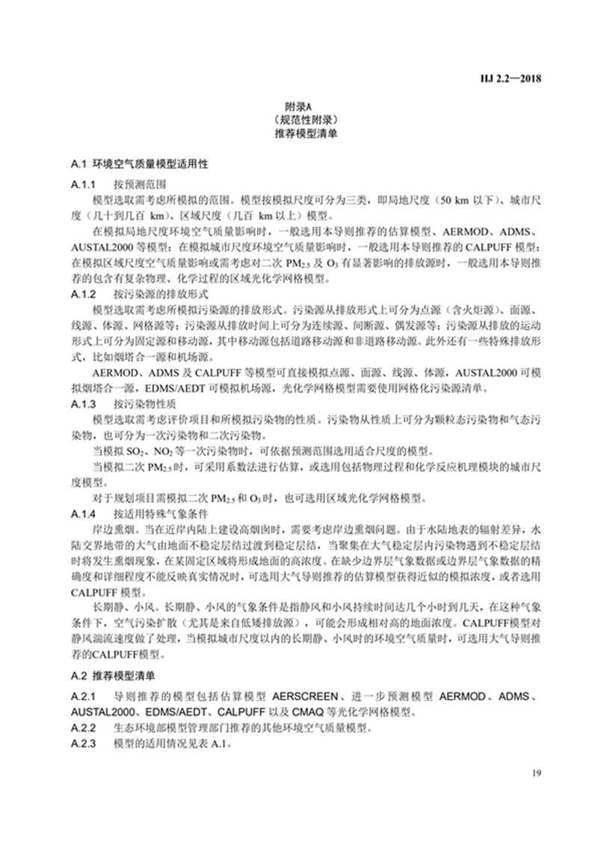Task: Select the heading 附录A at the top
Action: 299,107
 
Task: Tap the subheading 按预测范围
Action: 140,184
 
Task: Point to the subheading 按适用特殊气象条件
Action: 161,514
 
